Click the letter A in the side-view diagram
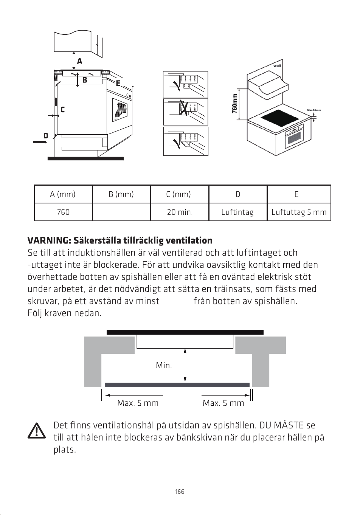[x=79, y=61]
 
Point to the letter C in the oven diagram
[x=62, y=110]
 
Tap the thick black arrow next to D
[x=40, y=142]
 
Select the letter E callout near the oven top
[x=118, y=83]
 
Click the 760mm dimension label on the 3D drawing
[x=234, y=104]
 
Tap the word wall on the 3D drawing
[x=277, y=66]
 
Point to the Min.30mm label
[x=314, y=110]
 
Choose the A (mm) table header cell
[x=64, y=194]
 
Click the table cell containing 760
[x=64, y=212]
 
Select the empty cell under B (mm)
[x=122, y=212]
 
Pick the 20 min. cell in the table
[x=180, y=212]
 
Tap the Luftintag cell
[x=238, y=212]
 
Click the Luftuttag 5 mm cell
[x=299, y=212]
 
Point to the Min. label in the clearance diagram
[x=164, y=365]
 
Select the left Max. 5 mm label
[x=138, y=403]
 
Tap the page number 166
[x=180, y=492]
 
